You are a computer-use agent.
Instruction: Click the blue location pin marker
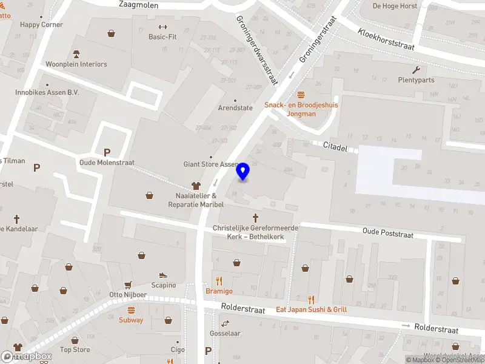[243, 172]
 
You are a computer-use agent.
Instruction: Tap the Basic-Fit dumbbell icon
[162, 27]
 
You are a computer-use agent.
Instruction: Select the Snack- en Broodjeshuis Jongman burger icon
[301, 95]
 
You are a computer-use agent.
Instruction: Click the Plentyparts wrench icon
[416, 70]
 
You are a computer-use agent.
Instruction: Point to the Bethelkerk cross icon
[255, 217]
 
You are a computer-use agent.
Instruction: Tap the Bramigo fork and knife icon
[219, 281]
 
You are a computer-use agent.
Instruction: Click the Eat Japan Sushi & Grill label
[312, 309]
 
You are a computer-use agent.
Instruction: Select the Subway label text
[131, 320]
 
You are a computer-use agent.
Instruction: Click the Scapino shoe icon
[163, 275]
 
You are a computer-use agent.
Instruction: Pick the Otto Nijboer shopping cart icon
[128, 285]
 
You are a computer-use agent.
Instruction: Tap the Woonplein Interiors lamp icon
[76, 54]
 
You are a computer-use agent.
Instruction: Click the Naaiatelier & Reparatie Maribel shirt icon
[196, 186]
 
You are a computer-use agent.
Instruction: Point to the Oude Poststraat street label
[387, 232]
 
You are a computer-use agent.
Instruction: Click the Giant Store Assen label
[212, 164]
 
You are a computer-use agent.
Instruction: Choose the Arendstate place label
[235, 108]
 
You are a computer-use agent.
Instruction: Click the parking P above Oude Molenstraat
[107, 153]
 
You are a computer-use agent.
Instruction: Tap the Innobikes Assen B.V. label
[47, 93]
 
